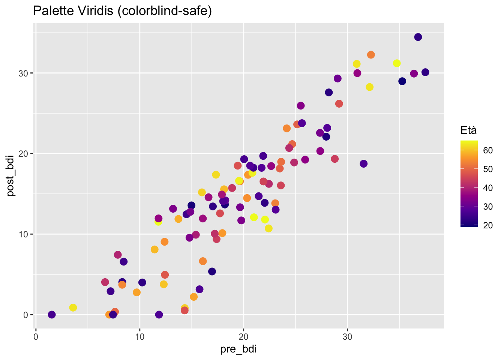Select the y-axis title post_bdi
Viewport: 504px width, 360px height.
coord(11,175)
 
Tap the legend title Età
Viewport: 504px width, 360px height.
coord(469,130)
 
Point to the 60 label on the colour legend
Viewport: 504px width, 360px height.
coord(488,151)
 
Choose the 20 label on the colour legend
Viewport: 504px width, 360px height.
coord(488,225)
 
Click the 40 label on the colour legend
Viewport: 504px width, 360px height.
coord(488,188)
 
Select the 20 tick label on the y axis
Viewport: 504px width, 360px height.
coord(24,154)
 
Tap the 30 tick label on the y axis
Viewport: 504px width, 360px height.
coord(24,73)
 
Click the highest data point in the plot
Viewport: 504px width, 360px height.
coord(418,37)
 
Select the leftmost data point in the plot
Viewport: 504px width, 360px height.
coord(52,315)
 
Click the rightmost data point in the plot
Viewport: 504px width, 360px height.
coord(425,72)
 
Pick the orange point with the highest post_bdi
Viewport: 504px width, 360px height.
coord(371,55)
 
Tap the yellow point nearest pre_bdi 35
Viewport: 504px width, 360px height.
coord(397,63)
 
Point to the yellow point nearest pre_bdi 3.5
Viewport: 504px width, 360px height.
coord(73,307)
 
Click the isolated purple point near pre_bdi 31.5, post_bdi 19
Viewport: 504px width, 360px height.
coord(363,164)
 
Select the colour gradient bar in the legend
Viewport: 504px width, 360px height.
coord(469,184)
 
